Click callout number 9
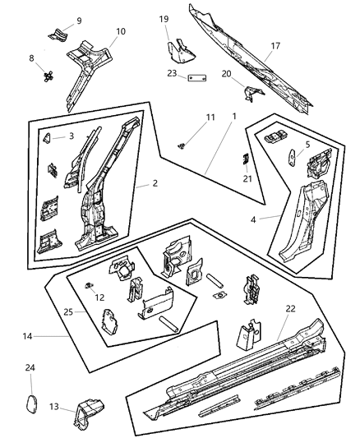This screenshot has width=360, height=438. [79, 20]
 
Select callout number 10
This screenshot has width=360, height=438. [120, 31]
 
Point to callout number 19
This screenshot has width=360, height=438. [164, 18]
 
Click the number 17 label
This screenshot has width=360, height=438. [276, 48]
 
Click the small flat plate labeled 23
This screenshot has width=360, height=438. [195, 79]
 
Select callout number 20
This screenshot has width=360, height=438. [226, 73]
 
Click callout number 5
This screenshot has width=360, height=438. [307, 145]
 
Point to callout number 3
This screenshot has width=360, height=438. [71, 136]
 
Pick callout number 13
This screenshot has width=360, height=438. [54, 407]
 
